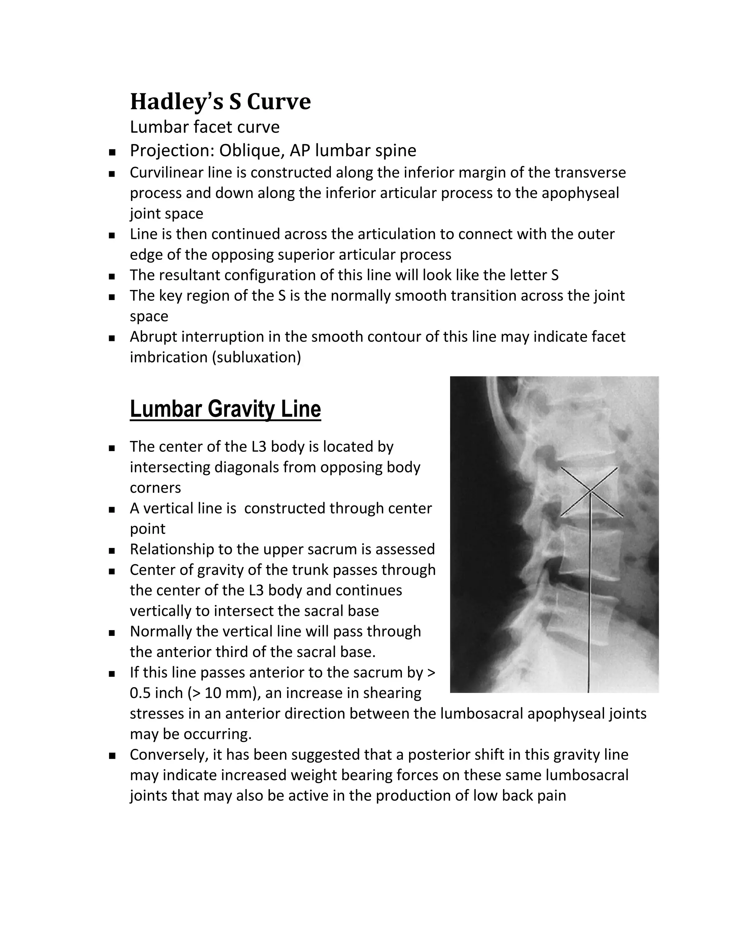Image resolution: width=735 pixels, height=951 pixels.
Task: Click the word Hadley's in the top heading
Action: [x=176, y=102]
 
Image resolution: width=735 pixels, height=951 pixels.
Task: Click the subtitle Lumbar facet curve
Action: [x=205, y=127]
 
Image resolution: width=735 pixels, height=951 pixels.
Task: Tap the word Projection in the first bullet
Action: [x=168, y=151]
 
